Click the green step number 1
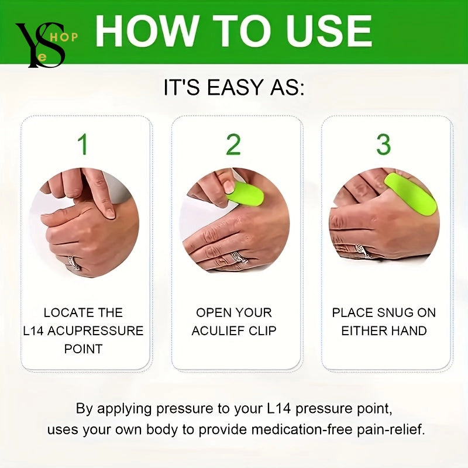84,144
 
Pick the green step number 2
233,144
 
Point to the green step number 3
383,144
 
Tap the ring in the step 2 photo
239,258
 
